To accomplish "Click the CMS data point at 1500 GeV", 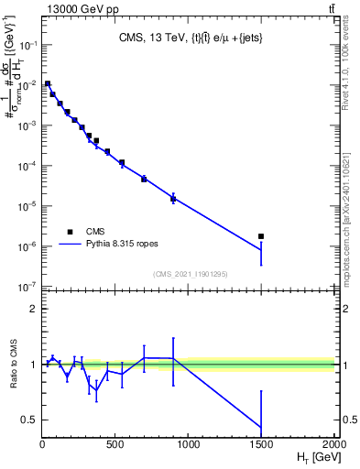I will pyautogui.click(x=261, y=236).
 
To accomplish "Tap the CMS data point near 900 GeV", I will pyautogui.click(x=173, y=198).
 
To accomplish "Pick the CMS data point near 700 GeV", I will pyautogui.click(x=144, y=179).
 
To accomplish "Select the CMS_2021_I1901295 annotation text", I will pyautogui.click(x=189, y=274).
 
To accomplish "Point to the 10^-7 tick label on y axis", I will pyautogui.click(x=27, y=287).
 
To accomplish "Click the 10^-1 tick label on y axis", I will pyautogui.click(x=27, y=44).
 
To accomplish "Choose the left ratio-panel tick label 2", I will pyautogui.click(x=34, y=309).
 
